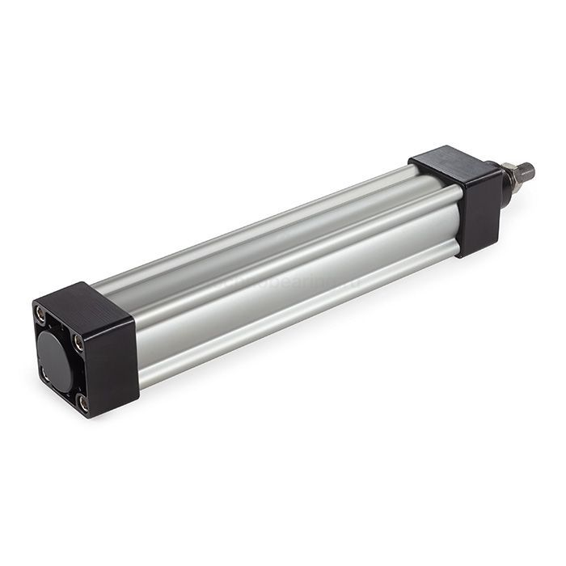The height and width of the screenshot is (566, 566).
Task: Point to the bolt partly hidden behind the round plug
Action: (x=44, y=372)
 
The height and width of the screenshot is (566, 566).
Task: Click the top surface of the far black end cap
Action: (x=447, y=161)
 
